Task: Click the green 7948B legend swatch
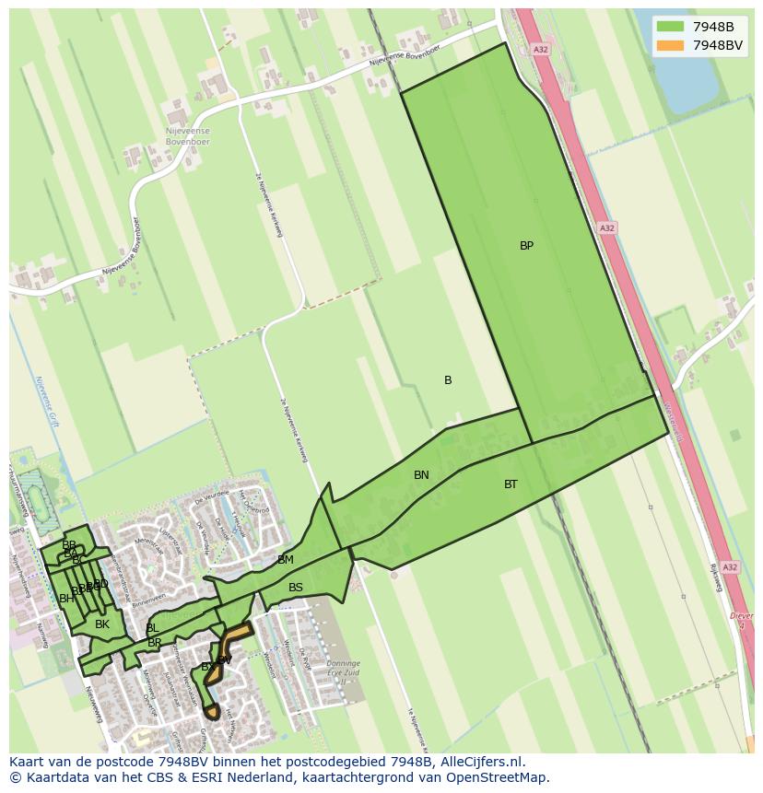tap(670, 27)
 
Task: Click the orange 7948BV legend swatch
tap(670, 45)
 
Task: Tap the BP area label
tap(526, 246)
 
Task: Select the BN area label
tap(421, 475)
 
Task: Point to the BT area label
tap(511, 484)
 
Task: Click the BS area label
tap(296, 588)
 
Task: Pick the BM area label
tap(286, 560)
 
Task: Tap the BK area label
tap(102, 624)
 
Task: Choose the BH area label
tap(66, 599)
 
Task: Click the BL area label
tap(151, 628)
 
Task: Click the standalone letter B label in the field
tap(448, 380)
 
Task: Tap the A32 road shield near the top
tap(541, 50)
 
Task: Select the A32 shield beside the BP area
tap(606, 227)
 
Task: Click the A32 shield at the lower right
tap(730, 567)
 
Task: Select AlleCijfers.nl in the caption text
tap(479, 762)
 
